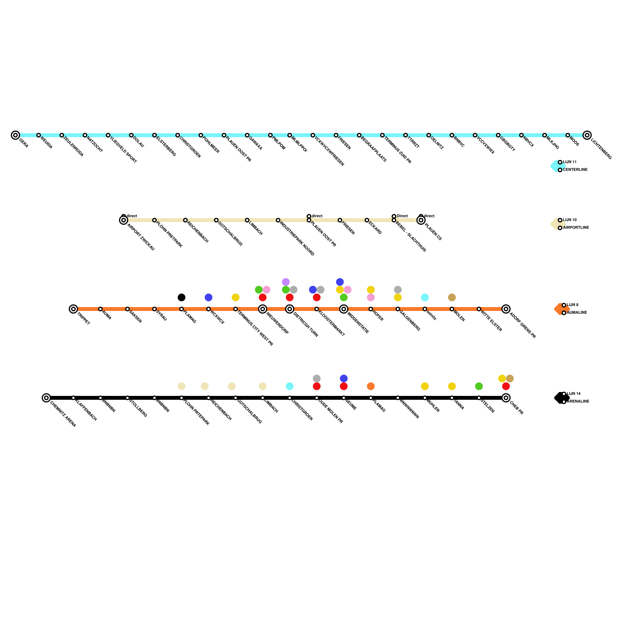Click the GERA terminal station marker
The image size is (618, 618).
[x=15, y=135]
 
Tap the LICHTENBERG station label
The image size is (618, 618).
[x=601, y=149]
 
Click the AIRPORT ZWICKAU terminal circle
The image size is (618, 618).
[x=124, y=220]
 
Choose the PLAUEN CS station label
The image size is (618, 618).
[x=433, y=232]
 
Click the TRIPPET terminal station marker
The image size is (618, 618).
[x=73, y=309]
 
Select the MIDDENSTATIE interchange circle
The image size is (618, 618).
[x=344, y=309]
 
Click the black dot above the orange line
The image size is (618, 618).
[x=182, y=297]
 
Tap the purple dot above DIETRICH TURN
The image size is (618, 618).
[x=286, y=282]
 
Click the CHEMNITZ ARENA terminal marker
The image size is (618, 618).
[x=46, y=398]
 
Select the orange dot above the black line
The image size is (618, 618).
[x=371, y=386]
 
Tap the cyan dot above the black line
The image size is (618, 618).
[x=290, y=386]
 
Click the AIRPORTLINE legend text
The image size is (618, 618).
[x=576, y=228]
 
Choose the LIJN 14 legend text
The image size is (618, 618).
[x=574, y=394]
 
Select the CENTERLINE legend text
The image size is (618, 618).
[x=575, y=170]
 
